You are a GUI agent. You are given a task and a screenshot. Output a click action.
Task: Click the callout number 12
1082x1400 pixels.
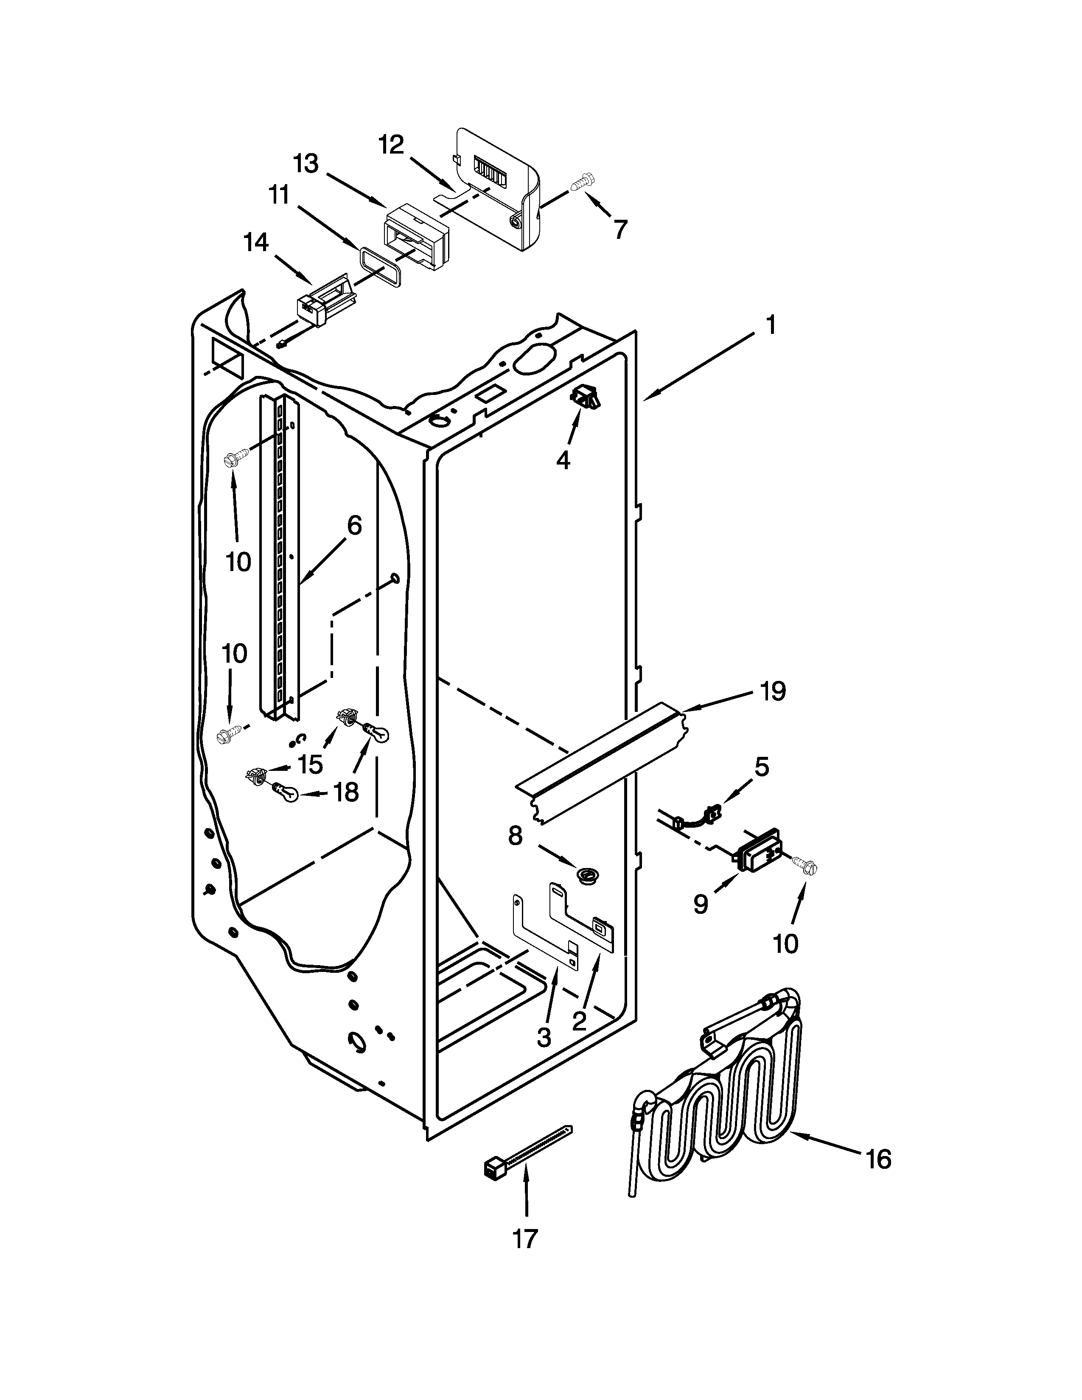coord(391,145)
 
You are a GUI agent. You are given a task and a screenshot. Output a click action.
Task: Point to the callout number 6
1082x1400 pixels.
coord(354,526)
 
